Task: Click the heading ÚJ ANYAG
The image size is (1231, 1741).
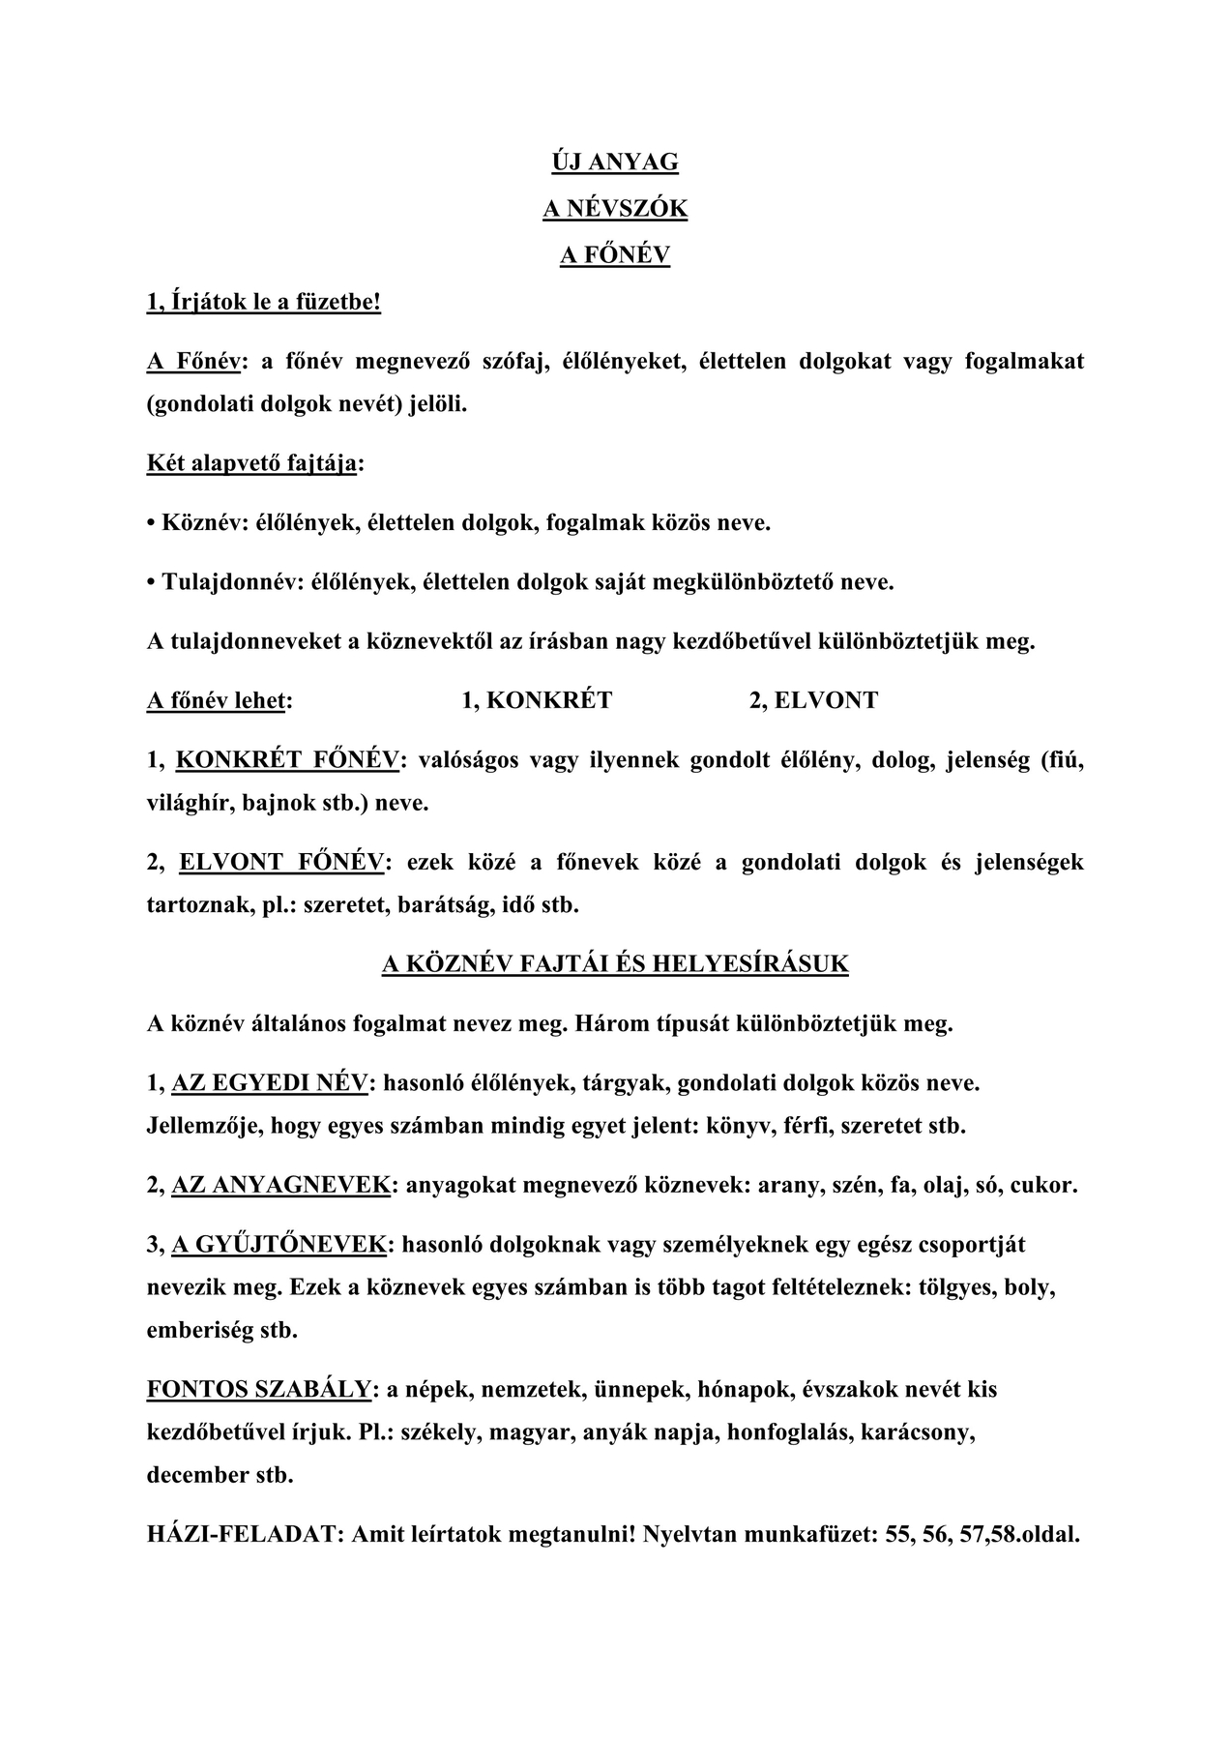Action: (615, 162)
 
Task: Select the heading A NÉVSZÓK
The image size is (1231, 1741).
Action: (615, 209)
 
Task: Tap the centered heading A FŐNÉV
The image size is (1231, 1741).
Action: (615, 255)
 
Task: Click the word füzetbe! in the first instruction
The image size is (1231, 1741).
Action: (337, 303)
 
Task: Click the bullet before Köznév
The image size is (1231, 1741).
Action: (151, 524)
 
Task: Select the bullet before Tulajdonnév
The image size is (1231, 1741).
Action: (151, 583)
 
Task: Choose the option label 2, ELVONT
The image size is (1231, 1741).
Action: (813, 701)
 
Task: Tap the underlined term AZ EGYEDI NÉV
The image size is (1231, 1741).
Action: (270, 1083)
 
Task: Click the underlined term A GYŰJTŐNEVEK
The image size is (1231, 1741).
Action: (279, 1245)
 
